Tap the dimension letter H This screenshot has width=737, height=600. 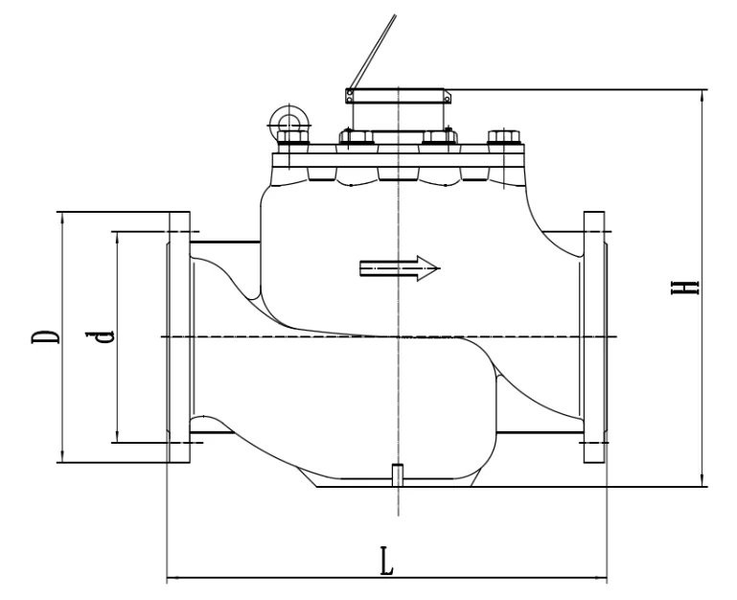(685, 288)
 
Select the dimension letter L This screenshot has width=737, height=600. (386, 561)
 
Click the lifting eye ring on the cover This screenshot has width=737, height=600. (286, 119)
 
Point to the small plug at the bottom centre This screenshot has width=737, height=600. (396, 473)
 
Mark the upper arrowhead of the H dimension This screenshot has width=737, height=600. (704, 94)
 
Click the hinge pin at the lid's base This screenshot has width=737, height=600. (350, 94)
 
